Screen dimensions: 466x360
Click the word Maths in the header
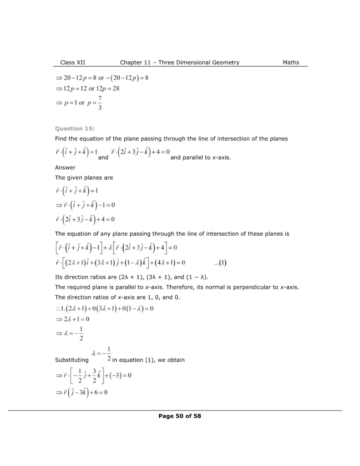pyautogui.click(x=290, y=63)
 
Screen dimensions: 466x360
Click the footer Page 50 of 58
pyautogui.click(x=180, y=416)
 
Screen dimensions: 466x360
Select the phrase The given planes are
pyautogui.click(x=84, y=177)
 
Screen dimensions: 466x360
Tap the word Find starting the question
pyautogui.click(x=61, y=138)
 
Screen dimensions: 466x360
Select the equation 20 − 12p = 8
pyautogui.click(x=75, y=77)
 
